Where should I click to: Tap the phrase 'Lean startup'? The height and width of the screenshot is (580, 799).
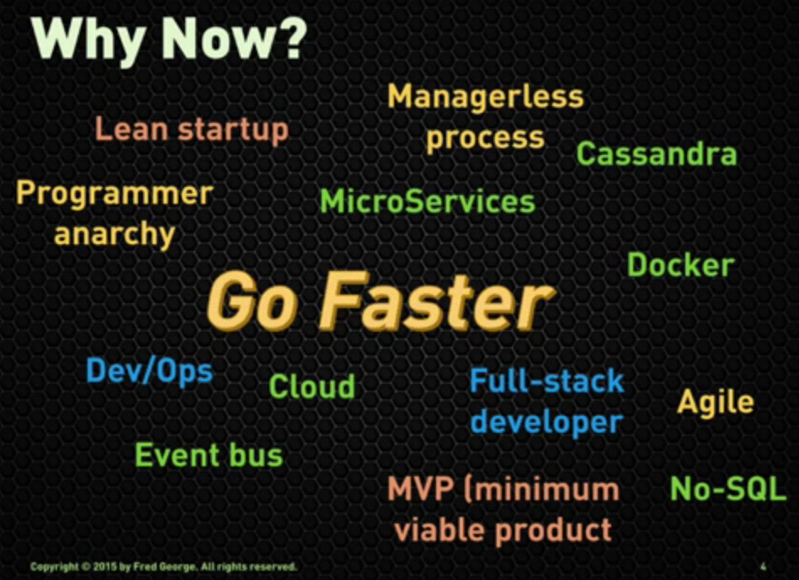point(191,130)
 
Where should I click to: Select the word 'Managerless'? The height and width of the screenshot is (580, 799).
point(485,97)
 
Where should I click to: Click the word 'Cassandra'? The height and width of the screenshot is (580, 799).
point(656,155)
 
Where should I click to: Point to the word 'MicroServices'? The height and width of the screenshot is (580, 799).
point(427,202)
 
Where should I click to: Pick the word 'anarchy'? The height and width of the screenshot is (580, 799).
point(115,234)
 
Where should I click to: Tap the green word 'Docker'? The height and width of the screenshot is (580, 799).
point(680,266)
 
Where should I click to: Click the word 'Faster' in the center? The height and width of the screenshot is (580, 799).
point(437,303)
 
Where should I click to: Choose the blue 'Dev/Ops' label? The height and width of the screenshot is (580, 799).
point(149,371)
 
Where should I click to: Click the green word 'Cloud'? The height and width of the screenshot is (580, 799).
point(312,387)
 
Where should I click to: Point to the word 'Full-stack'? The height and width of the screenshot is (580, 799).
point(546,381)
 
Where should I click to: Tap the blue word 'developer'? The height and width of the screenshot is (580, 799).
point(546,421)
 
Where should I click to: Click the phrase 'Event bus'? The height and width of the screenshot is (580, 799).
point(209,455)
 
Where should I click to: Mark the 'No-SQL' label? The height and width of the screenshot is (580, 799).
point(727,489)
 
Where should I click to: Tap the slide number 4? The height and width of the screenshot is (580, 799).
point(762,567)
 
